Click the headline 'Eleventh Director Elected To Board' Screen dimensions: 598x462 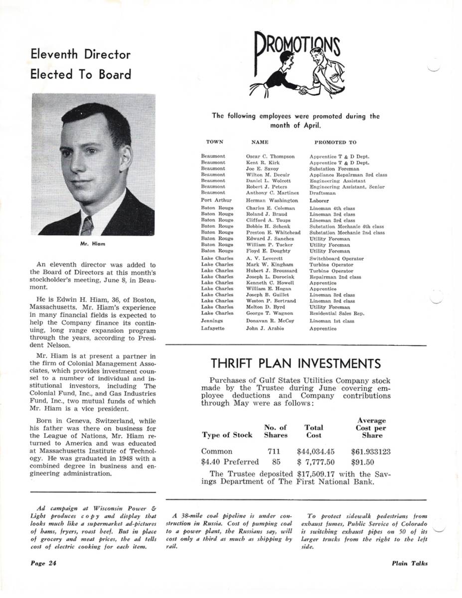(x=80, y=64)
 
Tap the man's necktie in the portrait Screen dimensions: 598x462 (x=88, y=226)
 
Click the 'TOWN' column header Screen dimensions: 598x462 (x=214, y=142)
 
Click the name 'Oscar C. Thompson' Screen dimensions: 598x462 (x=270, y=156)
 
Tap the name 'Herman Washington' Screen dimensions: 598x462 (x=272, y=200)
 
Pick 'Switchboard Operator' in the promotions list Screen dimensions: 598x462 (x=336, y=259)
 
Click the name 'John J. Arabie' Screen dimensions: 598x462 (x=265, y=328)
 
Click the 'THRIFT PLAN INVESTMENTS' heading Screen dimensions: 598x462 (x=296, y=363)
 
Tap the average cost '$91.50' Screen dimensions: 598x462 (x=362, y=462)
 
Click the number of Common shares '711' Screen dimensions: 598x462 (x=274, y=451)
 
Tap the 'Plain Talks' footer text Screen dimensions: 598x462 (x=410, y=564)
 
